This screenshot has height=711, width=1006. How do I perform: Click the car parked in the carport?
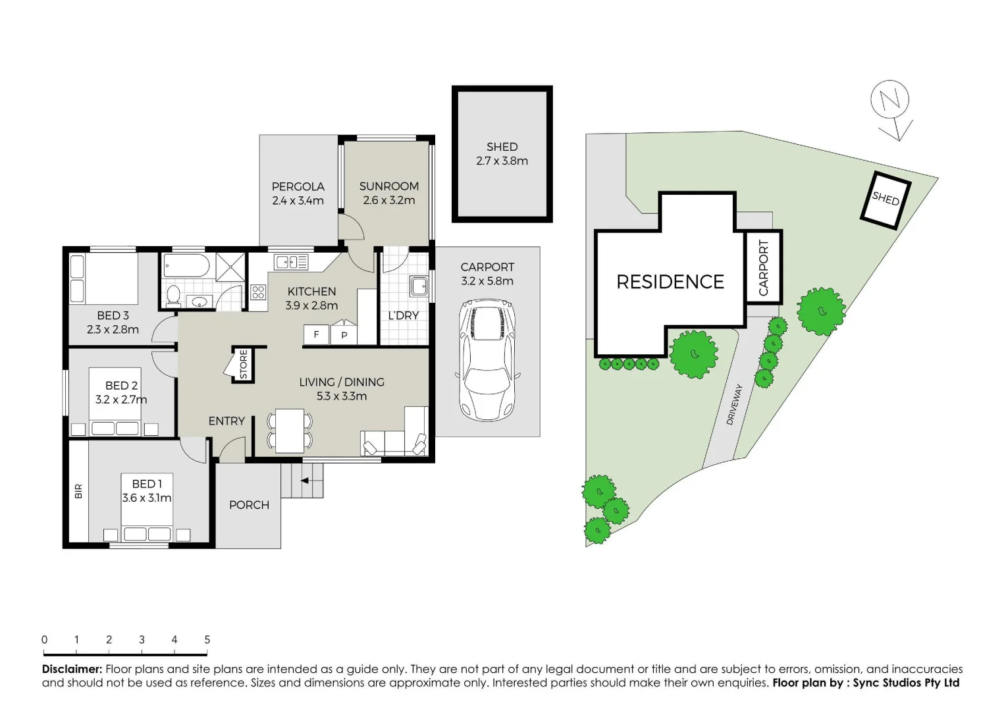pyautogui.click(x=487, y=360)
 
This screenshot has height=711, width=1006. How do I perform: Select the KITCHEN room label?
pyautogui.click(x=311, y=291)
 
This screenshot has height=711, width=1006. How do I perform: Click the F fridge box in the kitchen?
pyautogui.click(x=316, y=335)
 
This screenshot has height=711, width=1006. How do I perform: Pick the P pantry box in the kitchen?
pyautogui.click(x=344, y=335)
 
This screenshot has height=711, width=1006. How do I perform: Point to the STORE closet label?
pyautogui.click(x=244, y=364)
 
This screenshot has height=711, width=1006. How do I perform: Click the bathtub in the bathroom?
pyautogui.click(x=186, y=267)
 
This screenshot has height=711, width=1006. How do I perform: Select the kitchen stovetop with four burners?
pyautogui.click(x=258, y=292)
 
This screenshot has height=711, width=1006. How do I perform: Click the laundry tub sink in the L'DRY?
pyautogui.click(x=419, y=286)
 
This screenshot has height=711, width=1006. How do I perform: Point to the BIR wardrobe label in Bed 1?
pyautogui.click(x=78, y=491)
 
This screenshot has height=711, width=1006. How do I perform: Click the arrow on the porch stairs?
pyautogui.click(x=305, y=481)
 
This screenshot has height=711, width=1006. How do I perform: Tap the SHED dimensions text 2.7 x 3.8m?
pyautogui.click(x=502, y=161)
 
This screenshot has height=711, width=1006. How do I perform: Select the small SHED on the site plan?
pyautogui.click(x=886, y=199)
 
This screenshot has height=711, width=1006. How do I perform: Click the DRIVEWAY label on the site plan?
pyautogui.click(x=734, y=404)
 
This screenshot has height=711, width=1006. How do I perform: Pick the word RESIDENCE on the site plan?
pyautogui.click(x=670, y=282)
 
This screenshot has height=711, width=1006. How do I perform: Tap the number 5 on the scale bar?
pyautogui.click(x=207, y=640)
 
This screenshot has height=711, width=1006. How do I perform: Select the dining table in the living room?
pyautogui.click(x=290, y=431)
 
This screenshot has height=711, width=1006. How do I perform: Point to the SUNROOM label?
pyautogui.click(x=388, y=186)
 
